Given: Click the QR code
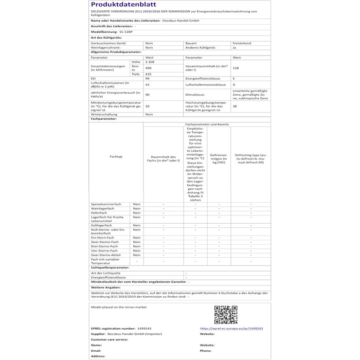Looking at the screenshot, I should (225, 314).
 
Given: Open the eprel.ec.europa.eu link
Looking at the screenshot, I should (231, 328).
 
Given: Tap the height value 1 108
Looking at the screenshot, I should (150, 62).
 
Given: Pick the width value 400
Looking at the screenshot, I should (149, 68).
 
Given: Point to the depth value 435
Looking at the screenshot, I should (149, 74).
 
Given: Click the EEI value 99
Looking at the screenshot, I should (148, 79).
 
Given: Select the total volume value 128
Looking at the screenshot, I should (236, 68).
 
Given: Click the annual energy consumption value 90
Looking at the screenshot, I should (148, 95).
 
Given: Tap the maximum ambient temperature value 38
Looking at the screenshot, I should (235, 106).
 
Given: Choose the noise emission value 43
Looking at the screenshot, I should (148, 84).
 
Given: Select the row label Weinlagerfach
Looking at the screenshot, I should (102, 208).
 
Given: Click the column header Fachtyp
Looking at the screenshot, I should (116, 157).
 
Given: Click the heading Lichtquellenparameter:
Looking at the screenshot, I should (110, 267).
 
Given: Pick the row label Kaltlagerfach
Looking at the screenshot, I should (101, 225).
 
